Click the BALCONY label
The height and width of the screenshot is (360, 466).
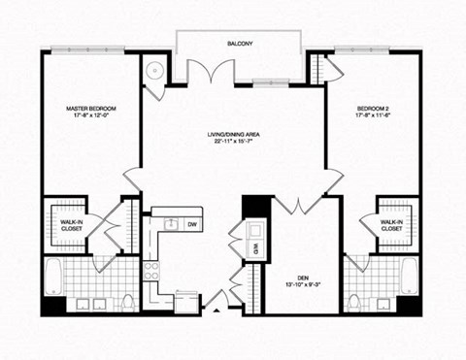coord(241,45)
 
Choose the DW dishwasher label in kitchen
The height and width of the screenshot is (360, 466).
coord(191,224)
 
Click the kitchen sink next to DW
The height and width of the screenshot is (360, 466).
coord(171,224)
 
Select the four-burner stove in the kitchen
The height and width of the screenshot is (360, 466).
coord(151,271)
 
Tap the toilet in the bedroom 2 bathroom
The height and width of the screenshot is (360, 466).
coord(354,302)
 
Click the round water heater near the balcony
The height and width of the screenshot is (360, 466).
coord(155,70)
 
